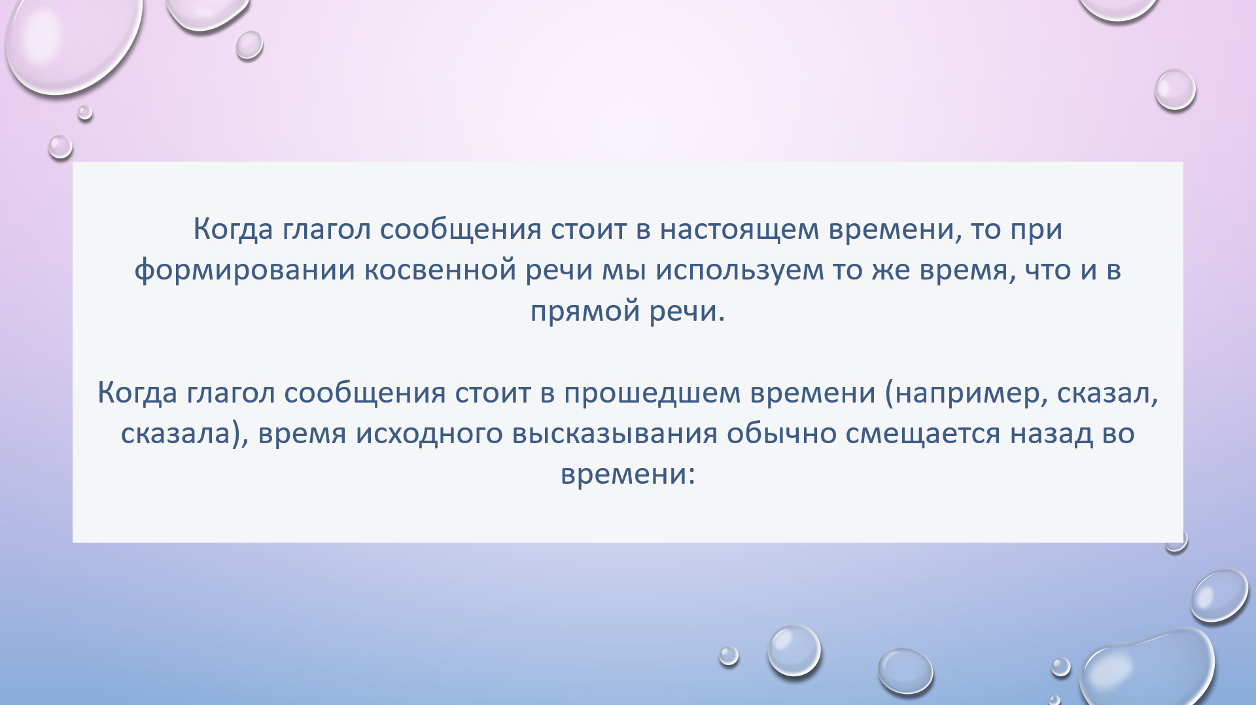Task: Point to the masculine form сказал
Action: pyautogui.click(x=1103, y=393)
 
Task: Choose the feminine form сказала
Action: pyautogui.click(x=175, y=434)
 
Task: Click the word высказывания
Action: pyautogui.click(x=615, y=434)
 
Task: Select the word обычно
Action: pyautogui.click(x=782, y=434)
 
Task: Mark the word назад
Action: pyautogui.click(x=1051, y=434)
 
